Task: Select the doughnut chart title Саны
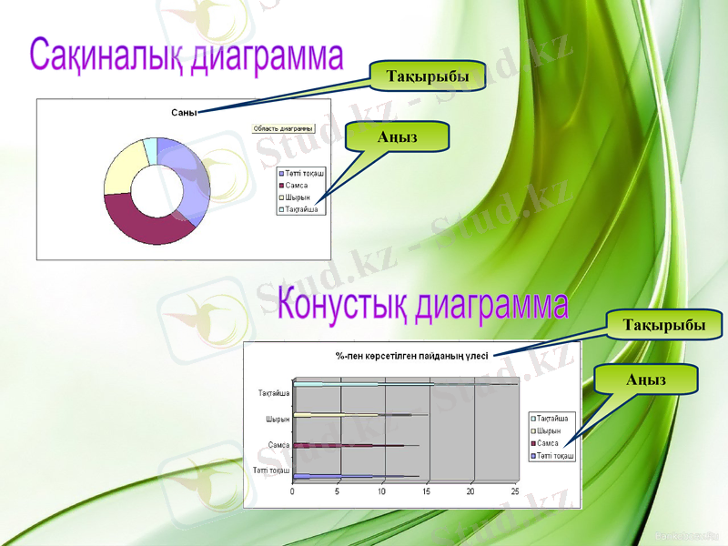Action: (183, 112)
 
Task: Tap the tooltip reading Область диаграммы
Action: (283, 129)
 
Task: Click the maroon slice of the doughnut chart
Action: (146, 223)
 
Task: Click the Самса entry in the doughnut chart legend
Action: (295, 185)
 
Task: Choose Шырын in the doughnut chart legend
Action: (296, 197)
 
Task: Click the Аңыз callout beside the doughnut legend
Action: (397, 136)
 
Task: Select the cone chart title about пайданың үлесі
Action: (411, 355)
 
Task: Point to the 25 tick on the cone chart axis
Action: (514, 491)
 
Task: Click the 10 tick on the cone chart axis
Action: (381, 491)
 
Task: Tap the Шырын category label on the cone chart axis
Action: (278, 420)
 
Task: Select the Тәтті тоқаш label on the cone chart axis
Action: (272, 470)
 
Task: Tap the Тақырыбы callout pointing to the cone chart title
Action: (663, 324)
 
